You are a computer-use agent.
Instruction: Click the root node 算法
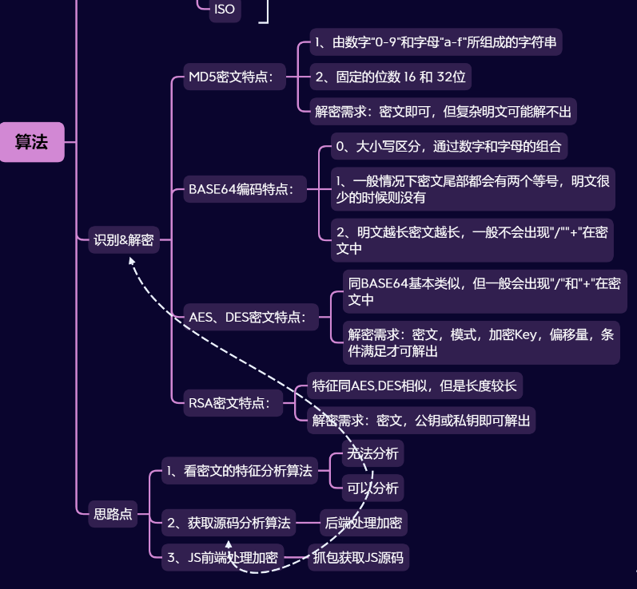tap(31, 142)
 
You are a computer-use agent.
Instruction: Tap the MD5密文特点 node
tap(231, 77)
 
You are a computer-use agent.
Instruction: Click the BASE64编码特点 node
tap(241, 190)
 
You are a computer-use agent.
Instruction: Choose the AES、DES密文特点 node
tap(248, 317)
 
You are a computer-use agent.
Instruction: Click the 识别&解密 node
tap(124, 239)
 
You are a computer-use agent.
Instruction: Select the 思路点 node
tap(113, 513)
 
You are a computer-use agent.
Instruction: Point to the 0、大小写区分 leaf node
tap(449, 146)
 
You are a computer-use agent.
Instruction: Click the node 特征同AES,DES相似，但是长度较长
tap(414, 386)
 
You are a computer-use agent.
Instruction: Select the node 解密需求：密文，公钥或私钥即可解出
tap(420, 420)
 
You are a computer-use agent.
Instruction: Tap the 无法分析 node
tap(372, 453)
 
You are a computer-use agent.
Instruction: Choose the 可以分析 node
tap(372, 487)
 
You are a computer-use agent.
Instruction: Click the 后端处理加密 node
tap(364, 524)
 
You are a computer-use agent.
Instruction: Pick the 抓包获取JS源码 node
tap(358, 557)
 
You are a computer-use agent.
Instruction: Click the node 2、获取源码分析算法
tap(229, 524)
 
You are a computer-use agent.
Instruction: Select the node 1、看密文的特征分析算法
tap(239, 471)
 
